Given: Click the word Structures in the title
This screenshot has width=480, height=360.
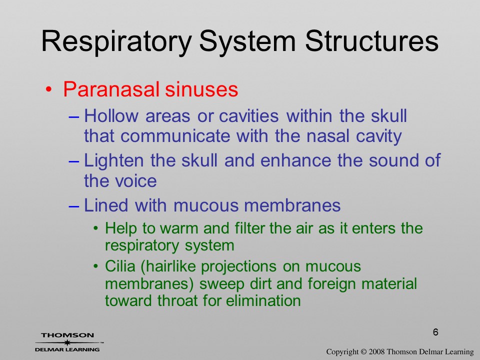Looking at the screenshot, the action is (371, 41).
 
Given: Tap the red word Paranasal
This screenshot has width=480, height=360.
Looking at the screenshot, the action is (111, 89).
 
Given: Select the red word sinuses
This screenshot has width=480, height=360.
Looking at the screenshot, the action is (201, 89).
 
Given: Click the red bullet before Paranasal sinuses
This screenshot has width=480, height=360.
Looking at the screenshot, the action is (48, 89).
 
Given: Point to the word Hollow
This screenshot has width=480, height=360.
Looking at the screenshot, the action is (111, 115).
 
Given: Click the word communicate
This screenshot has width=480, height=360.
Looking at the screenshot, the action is (175, 135).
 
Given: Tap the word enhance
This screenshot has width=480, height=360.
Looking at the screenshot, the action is (295, 160).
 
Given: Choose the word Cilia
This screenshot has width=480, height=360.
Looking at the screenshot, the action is (120, 266).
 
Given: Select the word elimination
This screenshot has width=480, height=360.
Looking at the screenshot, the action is (263, 300).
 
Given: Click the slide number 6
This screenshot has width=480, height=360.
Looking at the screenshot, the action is (435, 332).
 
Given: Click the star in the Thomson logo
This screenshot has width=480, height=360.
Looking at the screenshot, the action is (66, 342).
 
